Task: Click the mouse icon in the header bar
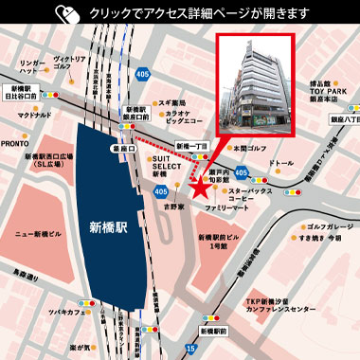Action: click(x=67, y=14)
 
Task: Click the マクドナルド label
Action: click(x=35, y=115)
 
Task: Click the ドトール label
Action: click(x=282, y=163)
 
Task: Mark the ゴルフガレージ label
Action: click(x=328, y=227)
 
